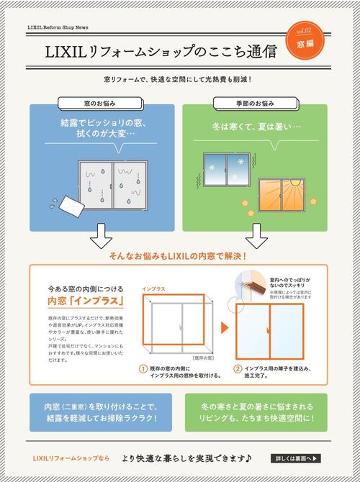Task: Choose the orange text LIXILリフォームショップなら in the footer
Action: point(71,458)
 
